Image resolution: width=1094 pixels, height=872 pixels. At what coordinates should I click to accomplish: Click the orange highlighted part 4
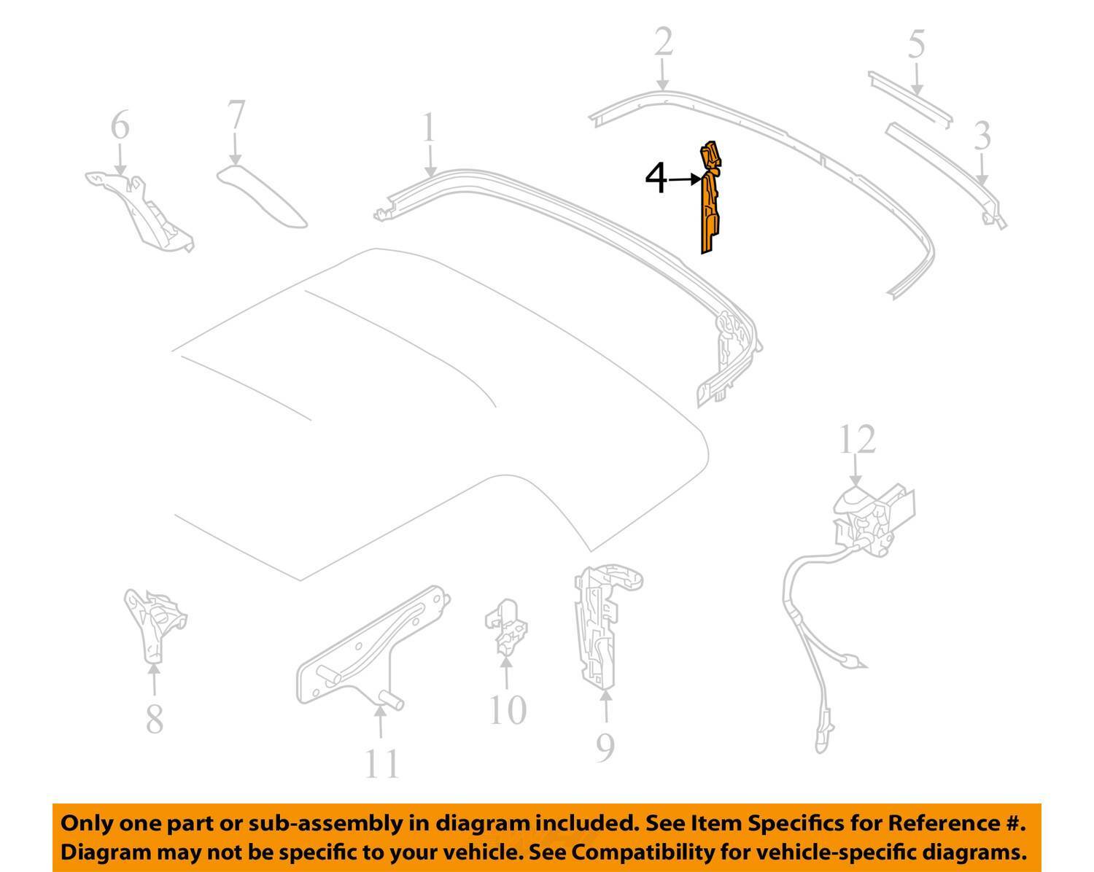(x=710, y=203)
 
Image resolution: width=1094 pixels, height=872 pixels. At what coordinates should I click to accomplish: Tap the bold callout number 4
(x=656, y=179)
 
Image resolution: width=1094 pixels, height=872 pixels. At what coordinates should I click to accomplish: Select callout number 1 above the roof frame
(x=429, y=127)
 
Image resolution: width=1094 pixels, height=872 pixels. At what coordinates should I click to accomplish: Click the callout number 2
(x=664, y=42)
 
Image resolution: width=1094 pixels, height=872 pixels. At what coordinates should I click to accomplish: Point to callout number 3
(x=982, y=136)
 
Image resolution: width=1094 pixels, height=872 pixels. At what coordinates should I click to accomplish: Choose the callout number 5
(x=916, y=44)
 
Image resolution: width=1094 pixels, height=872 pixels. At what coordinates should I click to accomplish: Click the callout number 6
(x=120, y=125)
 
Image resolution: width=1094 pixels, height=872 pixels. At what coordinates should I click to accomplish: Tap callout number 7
(x=236, y=114)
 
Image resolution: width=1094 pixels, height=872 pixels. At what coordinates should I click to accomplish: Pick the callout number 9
(x=605, y=747)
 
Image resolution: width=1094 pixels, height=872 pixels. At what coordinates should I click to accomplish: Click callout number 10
(x=508, y=710)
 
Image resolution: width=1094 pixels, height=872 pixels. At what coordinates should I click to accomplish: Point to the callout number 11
(x=382, y=778)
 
